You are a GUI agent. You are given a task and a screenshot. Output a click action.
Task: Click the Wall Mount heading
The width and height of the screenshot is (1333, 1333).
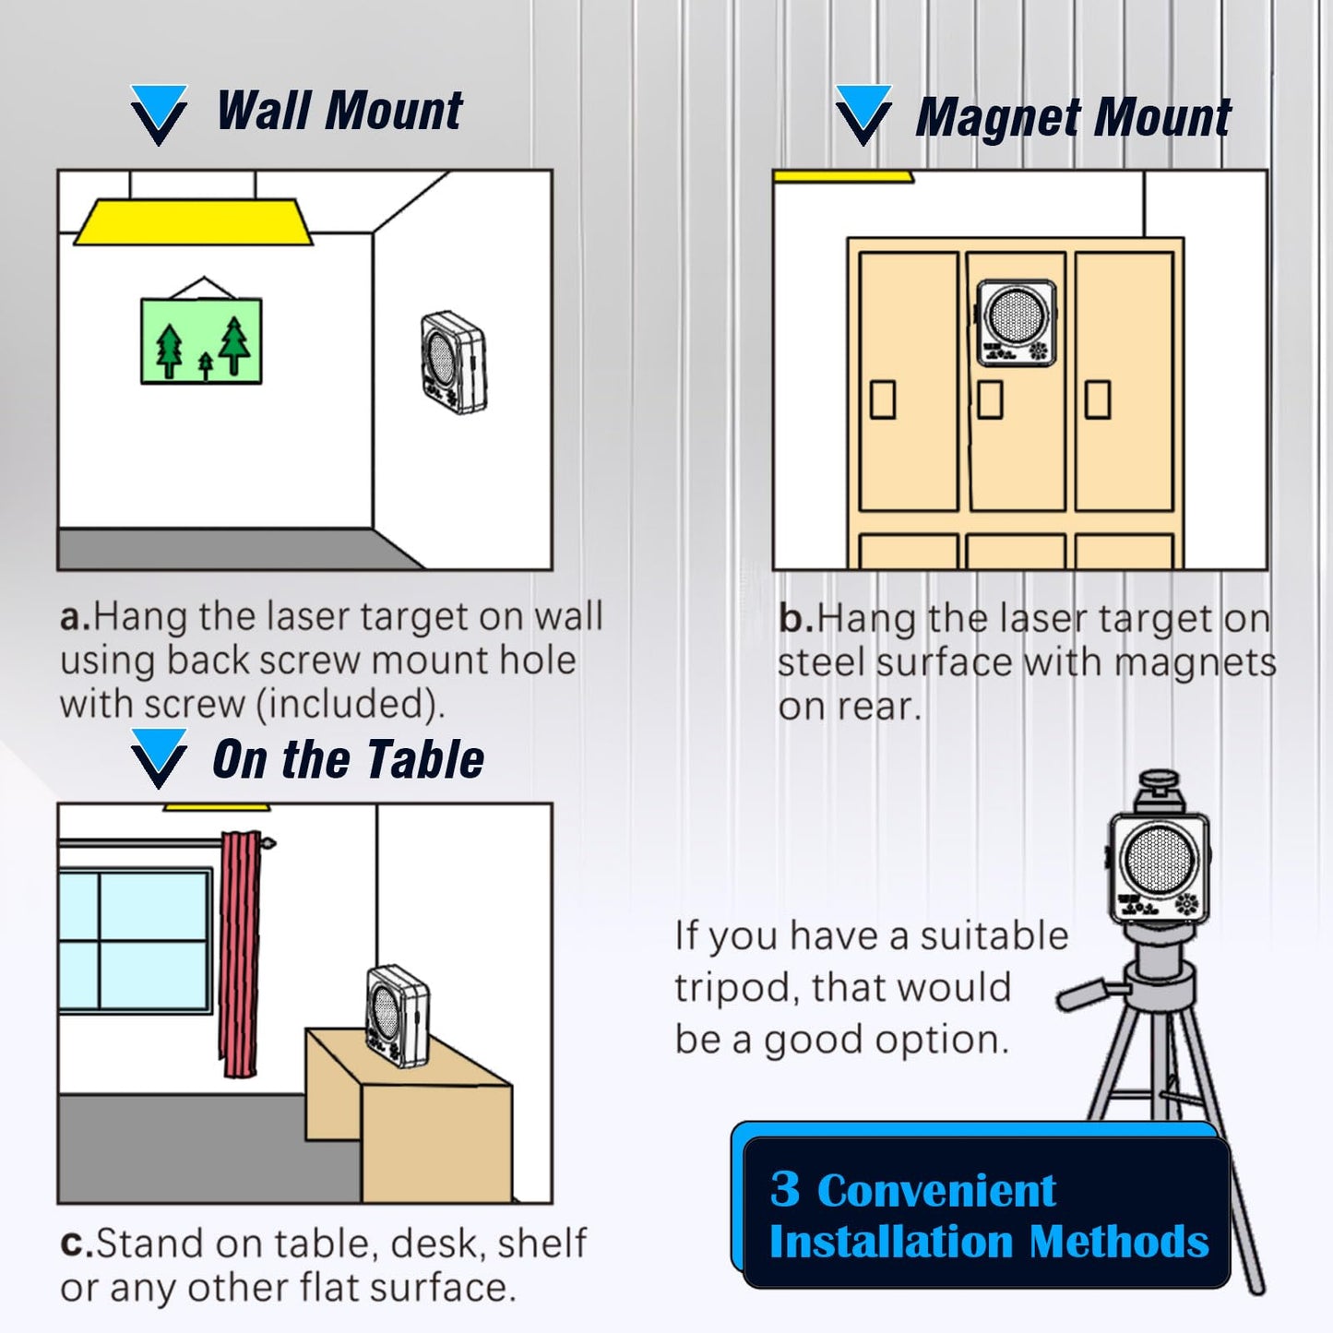[x=339, y=111]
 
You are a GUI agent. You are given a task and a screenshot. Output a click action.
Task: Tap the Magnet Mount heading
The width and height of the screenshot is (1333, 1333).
[x=1073, y=117]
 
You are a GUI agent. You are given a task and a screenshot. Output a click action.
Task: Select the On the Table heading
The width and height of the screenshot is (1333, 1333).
[x=348, y=759]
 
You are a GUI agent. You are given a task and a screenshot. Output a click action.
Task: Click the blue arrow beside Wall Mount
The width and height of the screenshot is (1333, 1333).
[x=159, y=114]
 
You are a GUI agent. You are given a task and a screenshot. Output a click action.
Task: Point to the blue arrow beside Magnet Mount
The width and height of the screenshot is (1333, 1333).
[x=863, y=114]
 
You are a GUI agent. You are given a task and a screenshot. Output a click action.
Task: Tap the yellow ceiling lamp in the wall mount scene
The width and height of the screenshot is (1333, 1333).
[x=194, y=222]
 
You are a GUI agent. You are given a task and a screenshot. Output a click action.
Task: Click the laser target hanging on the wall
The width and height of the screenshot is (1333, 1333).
[x=454, y=363]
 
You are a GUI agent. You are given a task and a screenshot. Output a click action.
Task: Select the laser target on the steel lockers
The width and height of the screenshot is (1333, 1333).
[x=1017, y=322]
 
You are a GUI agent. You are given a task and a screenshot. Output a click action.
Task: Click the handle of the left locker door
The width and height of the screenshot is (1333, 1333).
[x=883, y=399]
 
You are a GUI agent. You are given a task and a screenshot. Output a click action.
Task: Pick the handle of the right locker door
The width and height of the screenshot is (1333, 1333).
[x=1098, y=399]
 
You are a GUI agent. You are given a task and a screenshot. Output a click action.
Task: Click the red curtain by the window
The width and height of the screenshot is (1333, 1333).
[x=240, y=955]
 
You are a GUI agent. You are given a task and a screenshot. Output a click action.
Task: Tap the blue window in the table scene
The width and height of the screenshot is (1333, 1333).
[x=135, y=941]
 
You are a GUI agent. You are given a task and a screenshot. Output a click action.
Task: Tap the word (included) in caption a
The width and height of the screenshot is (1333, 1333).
[x=350, y=705]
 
